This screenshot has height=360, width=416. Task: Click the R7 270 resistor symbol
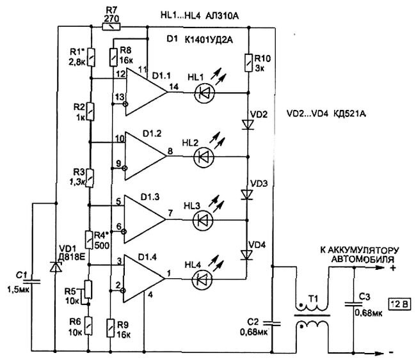(111, 26)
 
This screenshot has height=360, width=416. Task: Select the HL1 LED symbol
(204, 93)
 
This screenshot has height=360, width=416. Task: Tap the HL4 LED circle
(202, 279)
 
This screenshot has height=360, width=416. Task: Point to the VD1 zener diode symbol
(56, 267)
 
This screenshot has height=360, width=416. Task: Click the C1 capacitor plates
(32, 281)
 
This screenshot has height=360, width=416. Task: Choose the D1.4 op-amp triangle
(144, 279)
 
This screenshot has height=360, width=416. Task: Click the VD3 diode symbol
(247, 194)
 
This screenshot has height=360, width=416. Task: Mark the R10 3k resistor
(248, 63)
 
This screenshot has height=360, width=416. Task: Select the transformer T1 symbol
(312, 316)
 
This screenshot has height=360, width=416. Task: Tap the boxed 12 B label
(399, 304)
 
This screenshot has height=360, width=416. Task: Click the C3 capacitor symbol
(354, 304)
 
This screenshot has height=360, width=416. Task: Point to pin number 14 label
(173, 86)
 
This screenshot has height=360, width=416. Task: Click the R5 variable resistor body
(88, 290)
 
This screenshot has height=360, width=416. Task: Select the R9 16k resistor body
(111, 328)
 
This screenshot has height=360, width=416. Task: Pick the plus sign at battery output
(393, 268)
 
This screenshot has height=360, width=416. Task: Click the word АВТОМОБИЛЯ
(362, 259)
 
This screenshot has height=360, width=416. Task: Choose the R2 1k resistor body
(91, 112)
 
